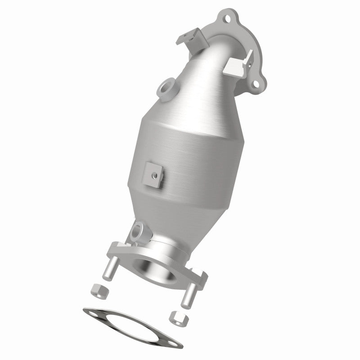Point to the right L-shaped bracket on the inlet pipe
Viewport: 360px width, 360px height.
point(238,66)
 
